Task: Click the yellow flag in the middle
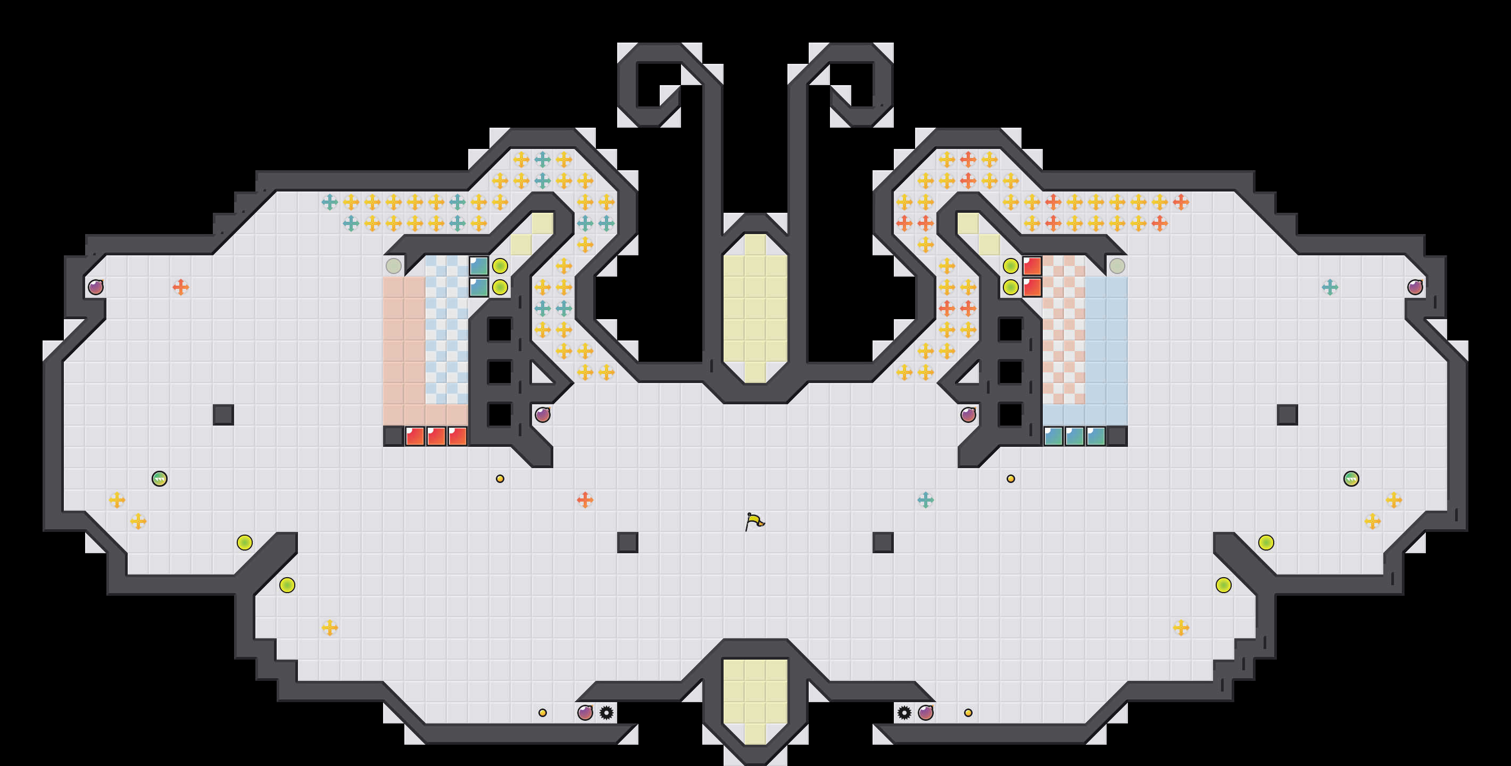click(x=754, y=521)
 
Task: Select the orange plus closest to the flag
click(x=585, y=499)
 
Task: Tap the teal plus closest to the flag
click(x=926, y=499)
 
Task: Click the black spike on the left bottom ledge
click(x=607, y=713)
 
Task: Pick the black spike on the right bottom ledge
click(x=904, y=713)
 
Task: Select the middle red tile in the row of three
click(x=436, y=436)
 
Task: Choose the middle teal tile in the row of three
click(x=1075, y=436)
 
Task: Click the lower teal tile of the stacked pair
click(x=479, y=287)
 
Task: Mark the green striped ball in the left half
click(x=160, y=479)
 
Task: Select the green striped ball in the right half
click(x=1351, y=479)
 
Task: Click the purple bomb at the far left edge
click(x=96, y=287)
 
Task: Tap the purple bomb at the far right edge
click(x=1415, y=287)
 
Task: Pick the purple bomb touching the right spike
click(x=926, y=713)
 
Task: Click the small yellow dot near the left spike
click(x=543, y=713)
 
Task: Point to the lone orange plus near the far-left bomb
click(x=181, y=287)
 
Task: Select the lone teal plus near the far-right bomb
click(x=1330, y=287)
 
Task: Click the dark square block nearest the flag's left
click(x=628, y=543)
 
